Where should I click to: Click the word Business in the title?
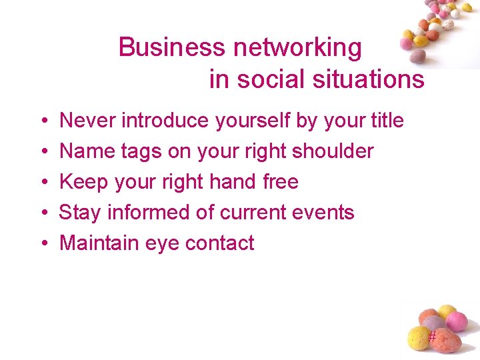click(x=172, y=47)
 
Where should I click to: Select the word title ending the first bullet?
click(x=387, y=121)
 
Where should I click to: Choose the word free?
click(x=281, y=182)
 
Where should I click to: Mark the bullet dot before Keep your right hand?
click(x=43, y=183)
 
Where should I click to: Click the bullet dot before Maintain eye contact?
click(x=43, y=244)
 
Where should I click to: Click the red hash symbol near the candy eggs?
click(x=432, y=337)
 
